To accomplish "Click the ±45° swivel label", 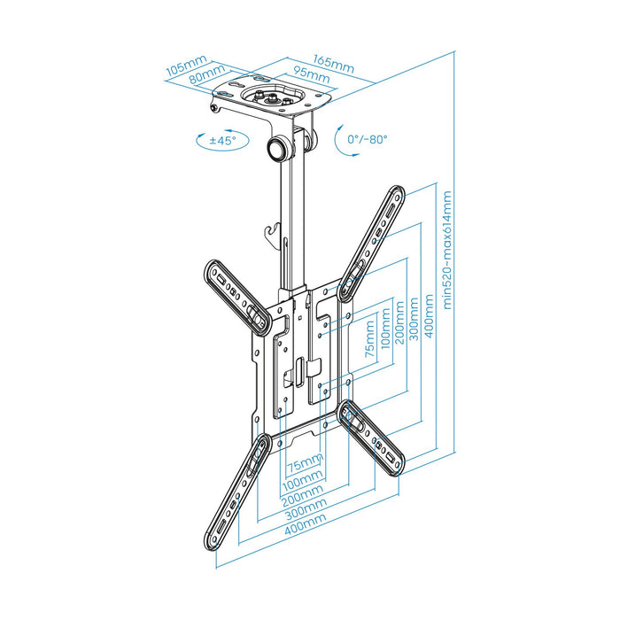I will tap(221, 140).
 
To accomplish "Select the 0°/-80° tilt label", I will tap(368, 139).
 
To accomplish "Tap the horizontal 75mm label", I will tap(305, 462).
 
